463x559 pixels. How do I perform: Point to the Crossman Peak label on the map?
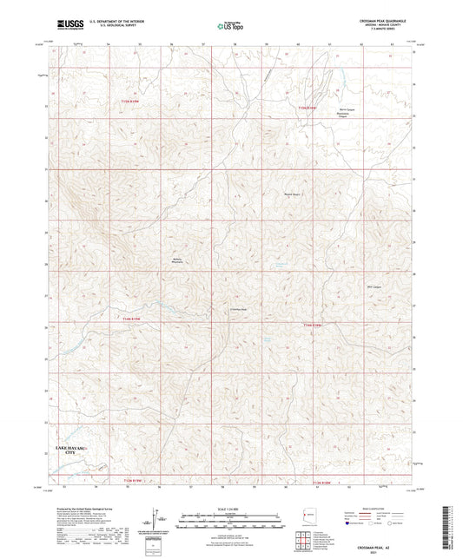(x=239, y=310)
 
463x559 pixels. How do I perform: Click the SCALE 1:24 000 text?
(x=231, y=509)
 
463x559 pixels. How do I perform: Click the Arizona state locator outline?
(x=303, y=516)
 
